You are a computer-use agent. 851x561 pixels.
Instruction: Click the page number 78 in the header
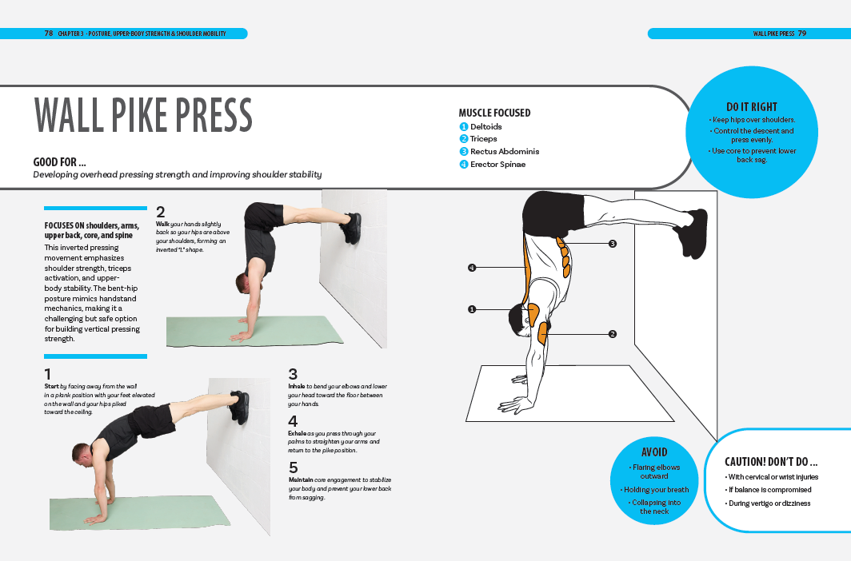tap(49, 34)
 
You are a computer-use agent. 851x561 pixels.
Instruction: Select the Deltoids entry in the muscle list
tap(485, 126)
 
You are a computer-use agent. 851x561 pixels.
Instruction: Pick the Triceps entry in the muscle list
tap(483, 139)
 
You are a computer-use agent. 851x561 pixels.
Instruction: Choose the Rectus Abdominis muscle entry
tap(504, 152)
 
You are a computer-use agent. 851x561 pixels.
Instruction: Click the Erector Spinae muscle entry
tap(497, 165)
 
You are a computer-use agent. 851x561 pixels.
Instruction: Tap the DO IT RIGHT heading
tap(751, 106)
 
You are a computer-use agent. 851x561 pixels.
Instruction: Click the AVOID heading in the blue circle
tap(653, 452)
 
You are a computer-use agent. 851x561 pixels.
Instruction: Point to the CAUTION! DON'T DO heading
tap(770, 462)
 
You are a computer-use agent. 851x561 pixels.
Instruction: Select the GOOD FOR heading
tap(60, 162)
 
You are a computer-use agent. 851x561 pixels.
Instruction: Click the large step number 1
tap(48, 374)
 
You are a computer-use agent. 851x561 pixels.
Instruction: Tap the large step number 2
tap(161, 212)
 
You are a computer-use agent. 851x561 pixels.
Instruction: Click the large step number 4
tap(293, 421)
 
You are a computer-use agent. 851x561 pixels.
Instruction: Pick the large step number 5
tap(293, 467)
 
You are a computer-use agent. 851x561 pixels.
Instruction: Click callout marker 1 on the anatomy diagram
tap(472, 308)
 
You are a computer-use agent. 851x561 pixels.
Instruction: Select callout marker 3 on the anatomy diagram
tap(612, 243)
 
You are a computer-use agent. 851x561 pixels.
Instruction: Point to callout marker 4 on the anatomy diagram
tap(472, 268)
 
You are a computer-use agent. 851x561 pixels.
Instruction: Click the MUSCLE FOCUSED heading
tap(494, 113)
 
